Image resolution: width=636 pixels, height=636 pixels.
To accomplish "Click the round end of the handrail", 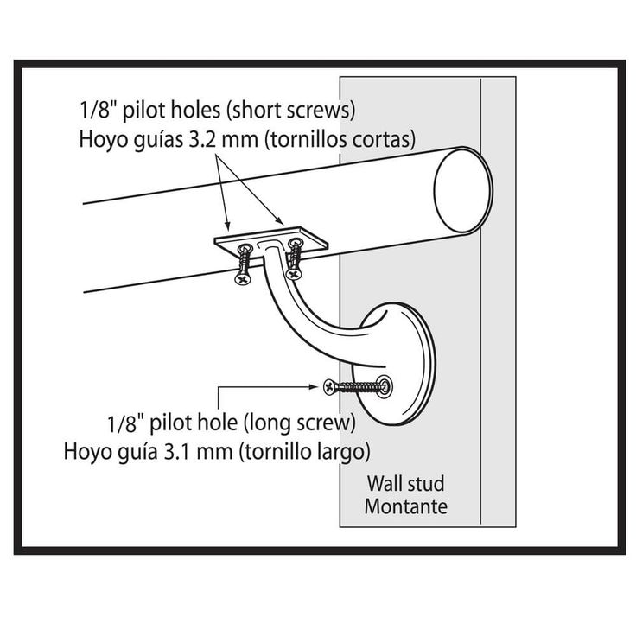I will tap(462, 190).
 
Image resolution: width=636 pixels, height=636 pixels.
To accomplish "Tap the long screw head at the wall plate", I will tap(329, 386).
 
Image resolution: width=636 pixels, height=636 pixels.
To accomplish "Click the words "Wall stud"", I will tap(405, 484).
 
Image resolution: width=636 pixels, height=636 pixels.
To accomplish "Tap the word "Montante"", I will tap(405, 506).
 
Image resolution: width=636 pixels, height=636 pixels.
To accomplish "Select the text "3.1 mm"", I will tap(200, 451).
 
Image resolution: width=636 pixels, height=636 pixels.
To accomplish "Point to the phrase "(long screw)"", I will tap(299, 424).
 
